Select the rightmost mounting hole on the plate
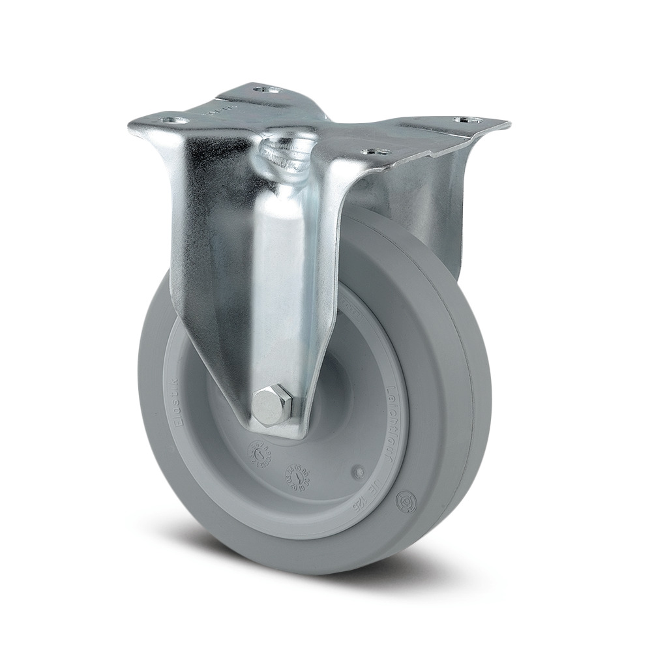pos(469,121)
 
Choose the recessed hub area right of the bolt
pos(333,398)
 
